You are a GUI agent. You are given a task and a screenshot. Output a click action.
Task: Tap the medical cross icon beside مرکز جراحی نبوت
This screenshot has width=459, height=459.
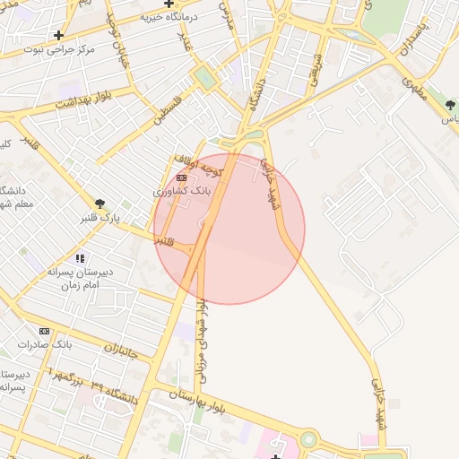[59, 36]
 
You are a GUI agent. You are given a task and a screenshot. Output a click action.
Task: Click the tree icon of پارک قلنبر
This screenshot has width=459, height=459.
[100, 204]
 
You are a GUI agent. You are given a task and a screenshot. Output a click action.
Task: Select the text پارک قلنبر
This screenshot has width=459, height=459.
[99, 218]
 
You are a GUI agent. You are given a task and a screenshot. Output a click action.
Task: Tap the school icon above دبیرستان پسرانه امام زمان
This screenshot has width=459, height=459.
[80, 258]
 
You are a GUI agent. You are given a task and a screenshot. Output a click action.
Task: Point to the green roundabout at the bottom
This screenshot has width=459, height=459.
[308, 439]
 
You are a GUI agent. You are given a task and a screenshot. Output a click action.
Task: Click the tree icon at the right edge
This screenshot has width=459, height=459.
[450, 105]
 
